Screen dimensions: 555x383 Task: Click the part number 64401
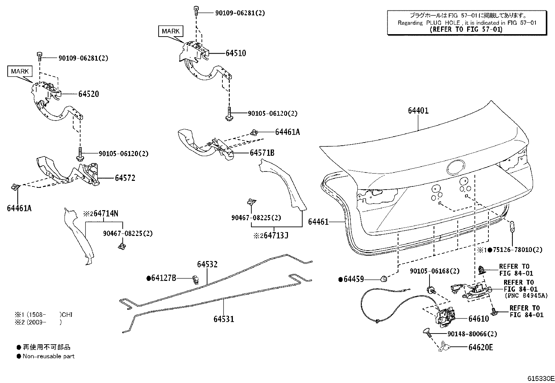[418, 110]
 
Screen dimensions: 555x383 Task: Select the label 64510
[236, 53]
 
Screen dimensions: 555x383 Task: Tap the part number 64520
[89, 94]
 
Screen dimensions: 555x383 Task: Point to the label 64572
[125, 178]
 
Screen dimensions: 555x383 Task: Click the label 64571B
[262, 153]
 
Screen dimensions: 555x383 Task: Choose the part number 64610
[478, 319]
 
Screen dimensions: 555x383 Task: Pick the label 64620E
[480, 347]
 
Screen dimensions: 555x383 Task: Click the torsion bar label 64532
[207, 264]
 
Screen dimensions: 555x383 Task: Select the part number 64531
[224, 319]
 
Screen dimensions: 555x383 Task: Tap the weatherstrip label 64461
[318, 222]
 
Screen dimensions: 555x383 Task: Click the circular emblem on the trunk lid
[456, 167]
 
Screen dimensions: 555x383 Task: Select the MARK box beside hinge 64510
[170, 31]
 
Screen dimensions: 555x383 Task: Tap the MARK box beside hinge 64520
[20, 71]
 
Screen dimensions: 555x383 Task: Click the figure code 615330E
[541, 378]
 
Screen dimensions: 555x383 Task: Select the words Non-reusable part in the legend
[48, 356]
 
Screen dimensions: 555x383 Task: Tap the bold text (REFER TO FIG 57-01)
[466, 30]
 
